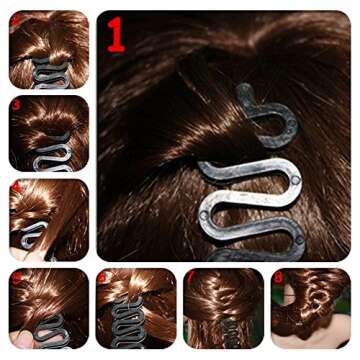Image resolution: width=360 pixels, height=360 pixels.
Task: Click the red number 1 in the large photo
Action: pyautogui.click(x=116, y=35)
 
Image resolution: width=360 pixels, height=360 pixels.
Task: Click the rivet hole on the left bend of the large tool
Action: pyautogui.click(x=204, y=214)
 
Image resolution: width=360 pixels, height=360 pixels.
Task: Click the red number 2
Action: pyautogui.click(x=15, y=19)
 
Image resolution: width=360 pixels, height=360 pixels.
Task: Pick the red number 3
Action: pyautogui.click(x=16, y=103)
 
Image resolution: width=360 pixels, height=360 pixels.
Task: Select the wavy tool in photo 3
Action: pyautogui.click(x=46, y=159)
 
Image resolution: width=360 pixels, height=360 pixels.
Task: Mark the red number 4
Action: pyautogui.click(x=16, y=187)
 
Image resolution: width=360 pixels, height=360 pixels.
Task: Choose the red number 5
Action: pyautogui.click(x=15, y=276)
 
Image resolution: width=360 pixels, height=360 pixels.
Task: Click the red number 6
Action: pyautogui.click(x=104, y=276)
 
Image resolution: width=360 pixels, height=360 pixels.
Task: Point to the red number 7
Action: pyautogui.click(x=190, y=276)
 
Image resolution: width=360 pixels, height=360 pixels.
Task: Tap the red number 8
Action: pyautogui.click(x=279, y=276)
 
